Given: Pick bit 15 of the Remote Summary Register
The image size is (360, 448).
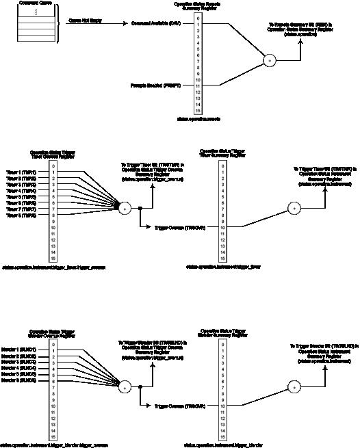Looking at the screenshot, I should pyautogui.click(x=198, y=110).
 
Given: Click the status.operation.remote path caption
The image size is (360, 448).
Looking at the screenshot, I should pyautogui.click(x=198, y=118).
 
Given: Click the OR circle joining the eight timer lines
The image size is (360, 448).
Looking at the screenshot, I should pyautogui.click(x=125, y=207).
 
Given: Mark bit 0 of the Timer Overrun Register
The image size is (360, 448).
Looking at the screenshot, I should pyautogui.click(x=53, y=166).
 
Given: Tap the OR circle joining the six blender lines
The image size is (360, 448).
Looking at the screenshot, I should pyautogui.click(x=125, y=387).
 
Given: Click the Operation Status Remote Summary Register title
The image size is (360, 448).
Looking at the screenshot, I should pyautogui.click(x=198, y=7).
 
